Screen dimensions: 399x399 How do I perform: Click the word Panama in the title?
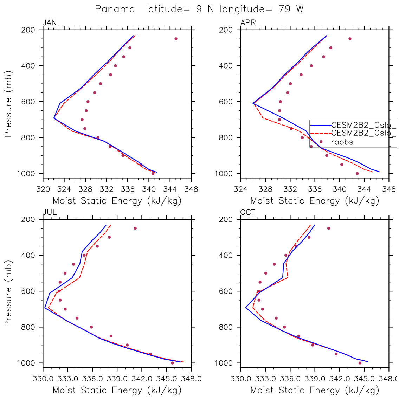coord(115,9)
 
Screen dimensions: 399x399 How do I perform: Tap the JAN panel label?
coord(49,23)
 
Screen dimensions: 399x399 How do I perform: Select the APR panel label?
coord(248,23)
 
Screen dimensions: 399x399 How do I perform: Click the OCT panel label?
coord(248,212)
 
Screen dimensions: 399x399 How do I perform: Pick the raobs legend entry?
coord(342,142)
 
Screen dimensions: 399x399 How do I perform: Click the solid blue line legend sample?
coord(320,125)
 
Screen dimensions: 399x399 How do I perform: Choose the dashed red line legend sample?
coord(320,133)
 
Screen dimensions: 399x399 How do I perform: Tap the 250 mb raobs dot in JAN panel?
coord(176,39)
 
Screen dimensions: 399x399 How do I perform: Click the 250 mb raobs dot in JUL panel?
coord(135,228)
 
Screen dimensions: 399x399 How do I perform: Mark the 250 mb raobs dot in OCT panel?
coord(329,228)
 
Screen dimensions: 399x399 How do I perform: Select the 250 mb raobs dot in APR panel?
coord(350,39)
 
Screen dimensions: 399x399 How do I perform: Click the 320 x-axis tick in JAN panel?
coord(43,189)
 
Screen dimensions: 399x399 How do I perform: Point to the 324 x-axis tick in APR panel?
coord(240,189)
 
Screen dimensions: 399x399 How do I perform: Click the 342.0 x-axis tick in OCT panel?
coord(339,379)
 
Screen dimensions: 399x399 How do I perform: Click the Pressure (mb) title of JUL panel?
coord(8,294)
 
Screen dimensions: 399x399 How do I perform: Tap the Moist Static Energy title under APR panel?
coord(315,201)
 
